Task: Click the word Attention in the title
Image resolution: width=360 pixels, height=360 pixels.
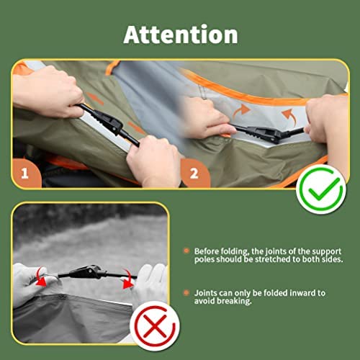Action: [181, 34]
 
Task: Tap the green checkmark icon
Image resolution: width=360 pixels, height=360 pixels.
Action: [321, 189]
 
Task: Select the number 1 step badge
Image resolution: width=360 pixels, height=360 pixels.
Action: [25, 174]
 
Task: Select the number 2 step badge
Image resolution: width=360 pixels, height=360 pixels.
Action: [194, 174]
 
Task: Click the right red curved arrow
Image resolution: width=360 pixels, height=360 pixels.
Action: [127, 279]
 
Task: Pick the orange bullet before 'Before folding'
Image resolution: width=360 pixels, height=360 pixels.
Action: [186, 251]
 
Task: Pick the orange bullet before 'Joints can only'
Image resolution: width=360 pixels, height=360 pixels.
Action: [186, 292]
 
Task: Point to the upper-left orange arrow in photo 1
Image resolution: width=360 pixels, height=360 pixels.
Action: [96, 99]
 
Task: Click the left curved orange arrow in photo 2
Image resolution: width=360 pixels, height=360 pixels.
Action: [242, 111]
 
